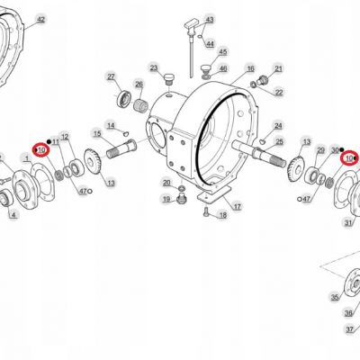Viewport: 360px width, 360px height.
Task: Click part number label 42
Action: [40, 20]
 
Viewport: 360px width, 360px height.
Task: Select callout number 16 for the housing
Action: [250, 68]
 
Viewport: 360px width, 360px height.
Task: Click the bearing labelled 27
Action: [124, 99]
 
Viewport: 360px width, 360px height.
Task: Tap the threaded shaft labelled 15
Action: [121, 149]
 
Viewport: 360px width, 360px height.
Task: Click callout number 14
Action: [111, 125]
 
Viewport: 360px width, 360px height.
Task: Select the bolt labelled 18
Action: [206, 211]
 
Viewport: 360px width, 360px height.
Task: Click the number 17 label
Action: [237, 207]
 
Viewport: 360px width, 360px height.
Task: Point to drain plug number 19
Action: [181, 199]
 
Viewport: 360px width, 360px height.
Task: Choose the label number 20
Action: [166, 183]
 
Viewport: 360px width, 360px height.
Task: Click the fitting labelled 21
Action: [263, 79]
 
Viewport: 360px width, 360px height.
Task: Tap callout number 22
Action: [279, 93]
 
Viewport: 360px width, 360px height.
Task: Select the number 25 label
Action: [279, 141]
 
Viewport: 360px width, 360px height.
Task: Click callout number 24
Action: [278, 126]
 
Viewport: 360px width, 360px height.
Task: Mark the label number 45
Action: [223, 52]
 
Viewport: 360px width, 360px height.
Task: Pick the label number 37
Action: [349, 329]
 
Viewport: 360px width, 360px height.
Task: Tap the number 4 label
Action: [13, 215]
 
